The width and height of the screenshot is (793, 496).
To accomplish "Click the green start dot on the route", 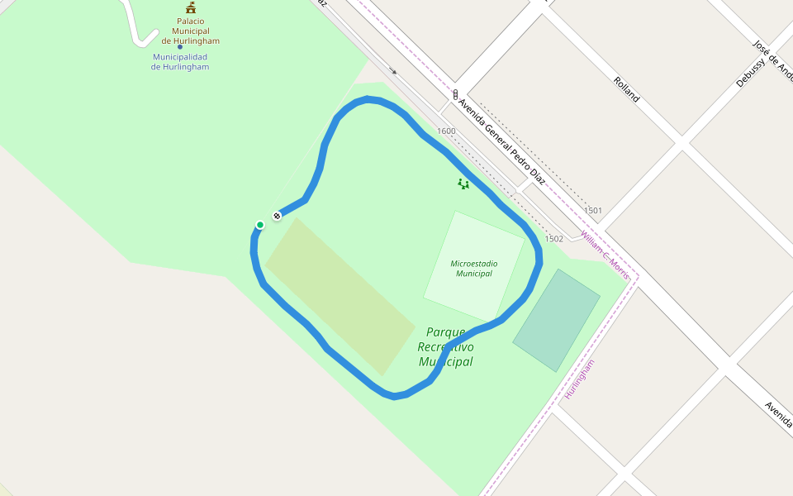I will tap(260, 225).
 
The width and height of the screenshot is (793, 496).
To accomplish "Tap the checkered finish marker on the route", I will tap(278, 216).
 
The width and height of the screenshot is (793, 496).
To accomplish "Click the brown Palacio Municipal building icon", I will tap(191, 7).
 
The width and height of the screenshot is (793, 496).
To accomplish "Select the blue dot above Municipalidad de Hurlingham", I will tap(179, 46).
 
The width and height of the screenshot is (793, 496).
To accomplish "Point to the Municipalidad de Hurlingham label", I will tap(180, 62).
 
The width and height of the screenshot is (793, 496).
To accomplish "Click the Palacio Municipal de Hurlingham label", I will tap(191, 31).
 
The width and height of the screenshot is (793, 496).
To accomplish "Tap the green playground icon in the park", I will tap(463, 184).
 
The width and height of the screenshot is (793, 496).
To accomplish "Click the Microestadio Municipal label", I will tap(474, 268).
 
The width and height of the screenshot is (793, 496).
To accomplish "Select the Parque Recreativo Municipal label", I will tap(446, 346).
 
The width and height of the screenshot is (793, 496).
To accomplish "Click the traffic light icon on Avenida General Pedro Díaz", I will tap(455, 94).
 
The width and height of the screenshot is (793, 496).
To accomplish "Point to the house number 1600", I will tap(446, 131).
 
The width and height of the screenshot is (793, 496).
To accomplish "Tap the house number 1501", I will tap(593, 211).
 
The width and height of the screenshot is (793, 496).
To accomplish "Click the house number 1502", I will tap(553, 239).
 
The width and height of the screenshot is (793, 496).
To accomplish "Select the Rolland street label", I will tap(626, 88).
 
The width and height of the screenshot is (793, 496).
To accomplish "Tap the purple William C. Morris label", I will tap(605, 254).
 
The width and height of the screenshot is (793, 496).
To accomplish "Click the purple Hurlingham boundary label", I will tap(579, 380).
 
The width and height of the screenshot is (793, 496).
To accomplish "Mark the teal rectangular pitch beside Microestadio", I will tap(556, 320).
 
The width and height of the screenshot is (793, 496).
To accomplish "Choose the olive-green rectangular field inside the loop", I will tap(340, 296).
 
